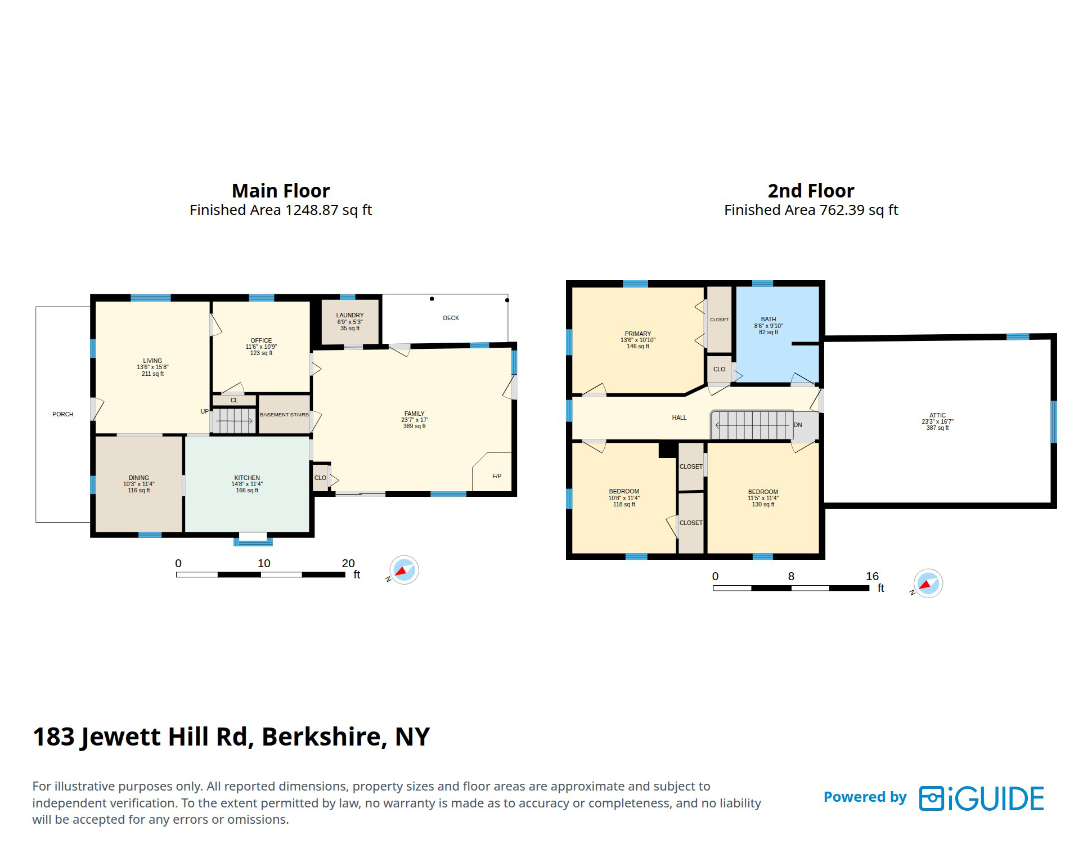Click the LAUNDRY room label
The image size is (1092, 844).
pos(350,315)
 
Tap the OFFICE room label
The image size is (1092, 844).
pos(261,340)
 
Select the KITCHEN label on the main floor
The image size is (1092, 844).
pos(247,478)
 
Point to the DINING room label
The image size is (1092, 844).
pos(139,478)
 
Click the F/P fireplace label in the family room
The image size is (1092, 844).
pos(497,476)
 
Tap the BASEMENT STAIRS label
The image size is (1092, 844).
pos(284,415)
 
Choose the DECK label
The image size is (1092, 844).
pos(451,318)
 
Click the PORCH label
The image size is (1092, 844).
pos(63,414)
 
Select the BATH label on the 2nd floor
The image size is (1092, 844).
pos(769,319)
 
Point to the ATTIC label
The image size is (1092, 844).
pos(938,415)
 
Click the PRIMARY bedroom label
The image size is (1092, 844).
pos(638,334)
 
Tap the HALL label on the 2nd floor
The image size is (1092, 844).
pos(679,417)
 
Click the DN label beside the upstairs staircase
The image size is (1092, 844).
pos(798,425)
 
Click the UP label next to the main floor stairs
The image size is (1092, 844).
pos(205,411)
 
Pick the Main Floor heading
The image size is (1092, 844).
pos(281,191)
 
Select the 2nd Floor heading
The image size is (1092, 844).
pos(811,191)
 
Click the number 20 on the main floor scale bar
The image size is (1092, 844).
pos(348,563)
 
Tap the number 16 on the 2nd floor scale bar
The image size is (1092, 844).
pos(872,576)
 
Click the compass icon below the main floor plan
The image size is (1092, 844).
pos(404,570)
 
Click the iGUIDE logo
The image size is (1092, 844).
pos(982,798)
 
